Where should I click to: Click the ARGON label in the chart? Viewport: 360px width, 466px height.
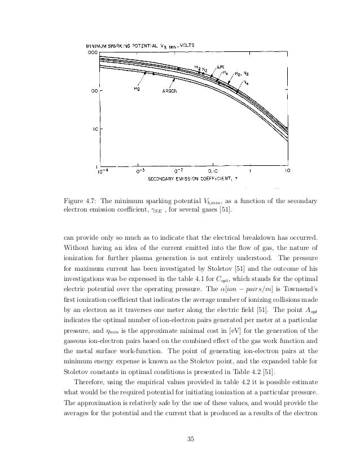coord(171,90)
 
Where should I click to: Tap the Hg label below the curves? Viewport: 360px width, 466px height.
coord(137,88)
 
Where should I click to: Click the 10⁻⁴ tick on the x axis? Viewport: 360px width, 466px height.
coord(103,170)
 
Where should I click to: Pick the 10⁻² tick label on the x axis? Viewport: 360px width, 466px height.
coord(178,169)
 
